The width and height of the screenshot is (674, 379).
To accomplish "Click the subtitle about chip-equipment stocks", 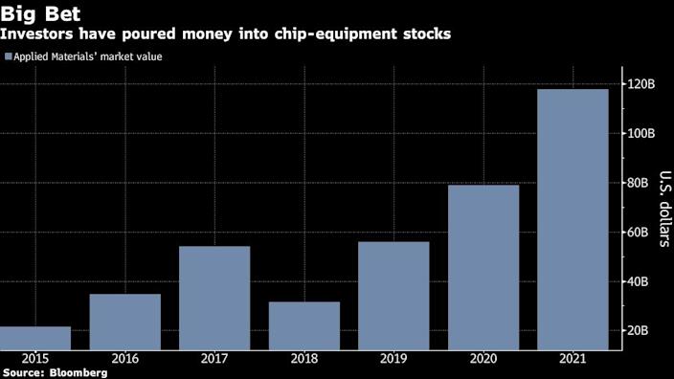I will (x=227, y=34).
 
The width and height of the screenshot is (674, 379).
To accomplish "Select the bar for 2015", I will (x=34, y=338).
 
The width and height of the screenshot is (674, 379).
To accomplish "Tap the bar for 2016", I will (x=124, y=322).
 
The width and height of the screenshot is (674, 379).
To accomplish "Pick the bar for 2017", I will (x=214, y=298).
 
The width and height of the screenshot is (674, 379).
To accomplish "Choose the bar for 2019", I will (x=393, y=296).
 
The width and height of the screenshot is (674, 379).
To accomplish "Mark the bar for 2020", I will (x=483, y=267).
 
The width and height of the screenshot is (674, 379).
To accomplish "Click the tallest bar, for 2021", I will (x=573, y=219).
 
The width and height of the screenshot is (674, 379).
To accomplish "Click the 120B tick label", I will (x=639, y=84).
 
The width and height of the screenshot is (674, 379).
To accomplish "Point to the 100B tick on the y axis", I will (x=639, y=133).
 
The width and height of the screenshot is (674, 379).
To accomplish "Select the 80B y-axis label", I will (x=636, y=183).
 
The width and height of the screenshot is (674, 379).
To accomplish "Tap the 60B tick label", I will (x=636, y=232).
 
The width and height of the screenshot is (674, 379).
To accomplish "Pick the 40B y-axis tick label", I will (x=636, y=281).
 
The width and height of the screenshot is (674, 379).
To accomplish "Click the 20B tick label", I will (x=636, y=330).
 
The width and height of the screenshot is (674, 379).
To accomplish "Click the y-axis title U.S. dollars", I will (x=663, y=209).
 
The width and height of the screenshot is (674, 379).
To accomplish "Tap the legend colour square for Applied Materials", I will (x=9, y=57).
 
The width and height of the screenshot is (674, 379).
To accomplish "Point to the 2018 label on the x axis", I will (x=303, y=357).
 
